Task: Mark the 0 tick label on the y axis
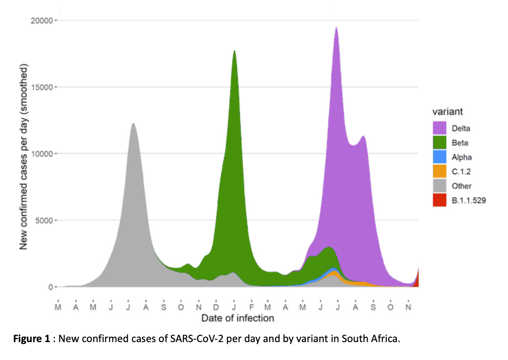click(x=49, y=287)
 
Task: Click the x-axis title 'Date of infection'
click(x=237, y=318)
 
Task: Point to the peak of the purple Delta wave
click(x=336, y=28)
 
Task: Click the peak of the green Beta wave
click(x=234, y=52)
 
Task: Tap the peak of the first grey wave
click(x=133, y=124)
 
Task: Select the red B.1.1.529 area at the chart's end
click(x=416, y=280)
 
